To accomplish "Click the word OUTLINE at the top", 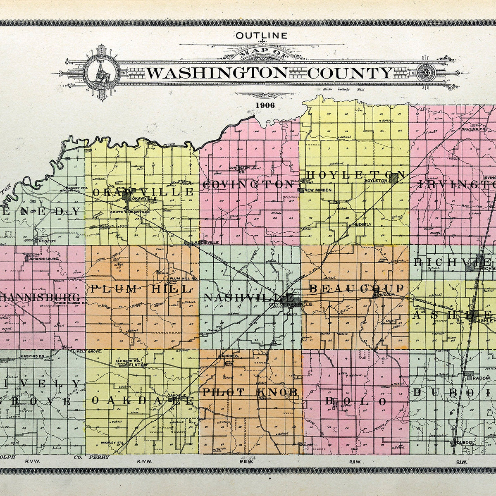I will coord(261,36).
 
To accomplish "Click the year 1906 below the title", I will coord(265,105).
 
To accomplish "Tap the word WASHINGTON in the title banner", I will coord(217,73).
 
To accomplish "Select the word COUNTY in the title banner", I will coord(350,73).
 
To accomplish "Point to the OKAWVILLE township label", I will coord(143,192).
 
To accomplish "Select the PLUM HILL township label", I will coord(141,289).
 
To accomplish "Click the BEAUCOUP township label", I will coord(356,288).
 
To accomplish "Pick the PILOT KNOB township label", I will coord(250,392).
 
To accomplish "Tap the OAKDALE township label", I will coord(142,400).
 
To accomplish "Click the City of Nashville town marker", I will coord(297,299).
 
